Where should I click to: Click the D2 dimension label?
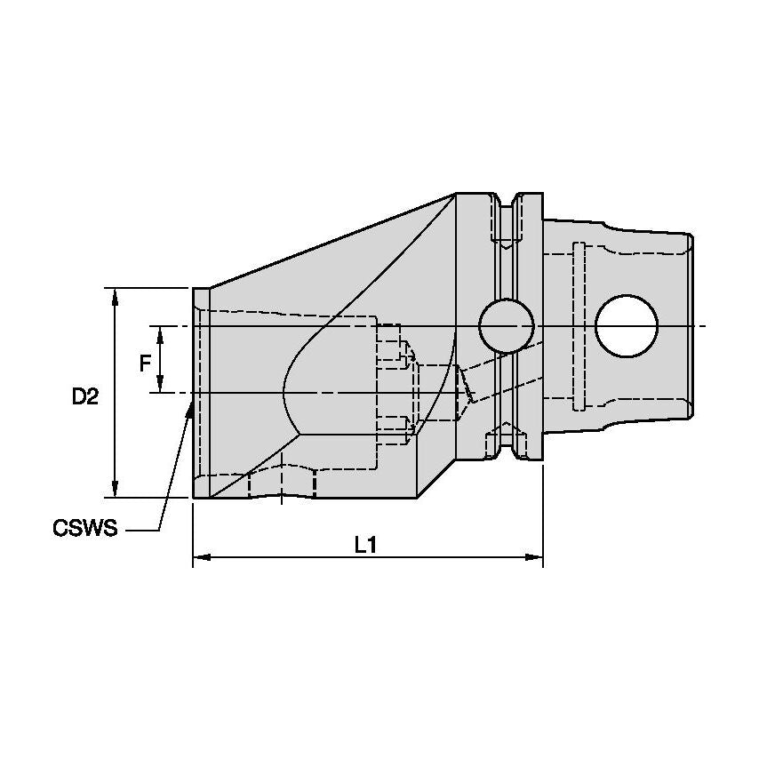[x=85, y=397]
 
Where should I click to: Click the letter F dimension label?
[x=144, y=362]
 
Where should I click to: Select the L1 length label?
[x=365, y=545]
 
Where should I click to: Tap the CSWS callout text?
[x=85, y=530]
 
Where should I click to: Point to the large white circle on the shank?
[x=627, y=326]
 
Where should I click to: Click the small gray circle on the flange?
[x=506, y=326]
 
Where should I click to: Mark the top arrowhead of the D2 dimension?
[x=116, y=294]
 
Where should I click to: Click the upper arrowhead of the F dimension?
[x=160, y=332]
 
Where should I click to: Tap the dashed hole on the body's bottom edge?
[x=283, y=483]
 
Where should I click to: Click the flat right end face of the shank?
[x=691, y=326]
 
